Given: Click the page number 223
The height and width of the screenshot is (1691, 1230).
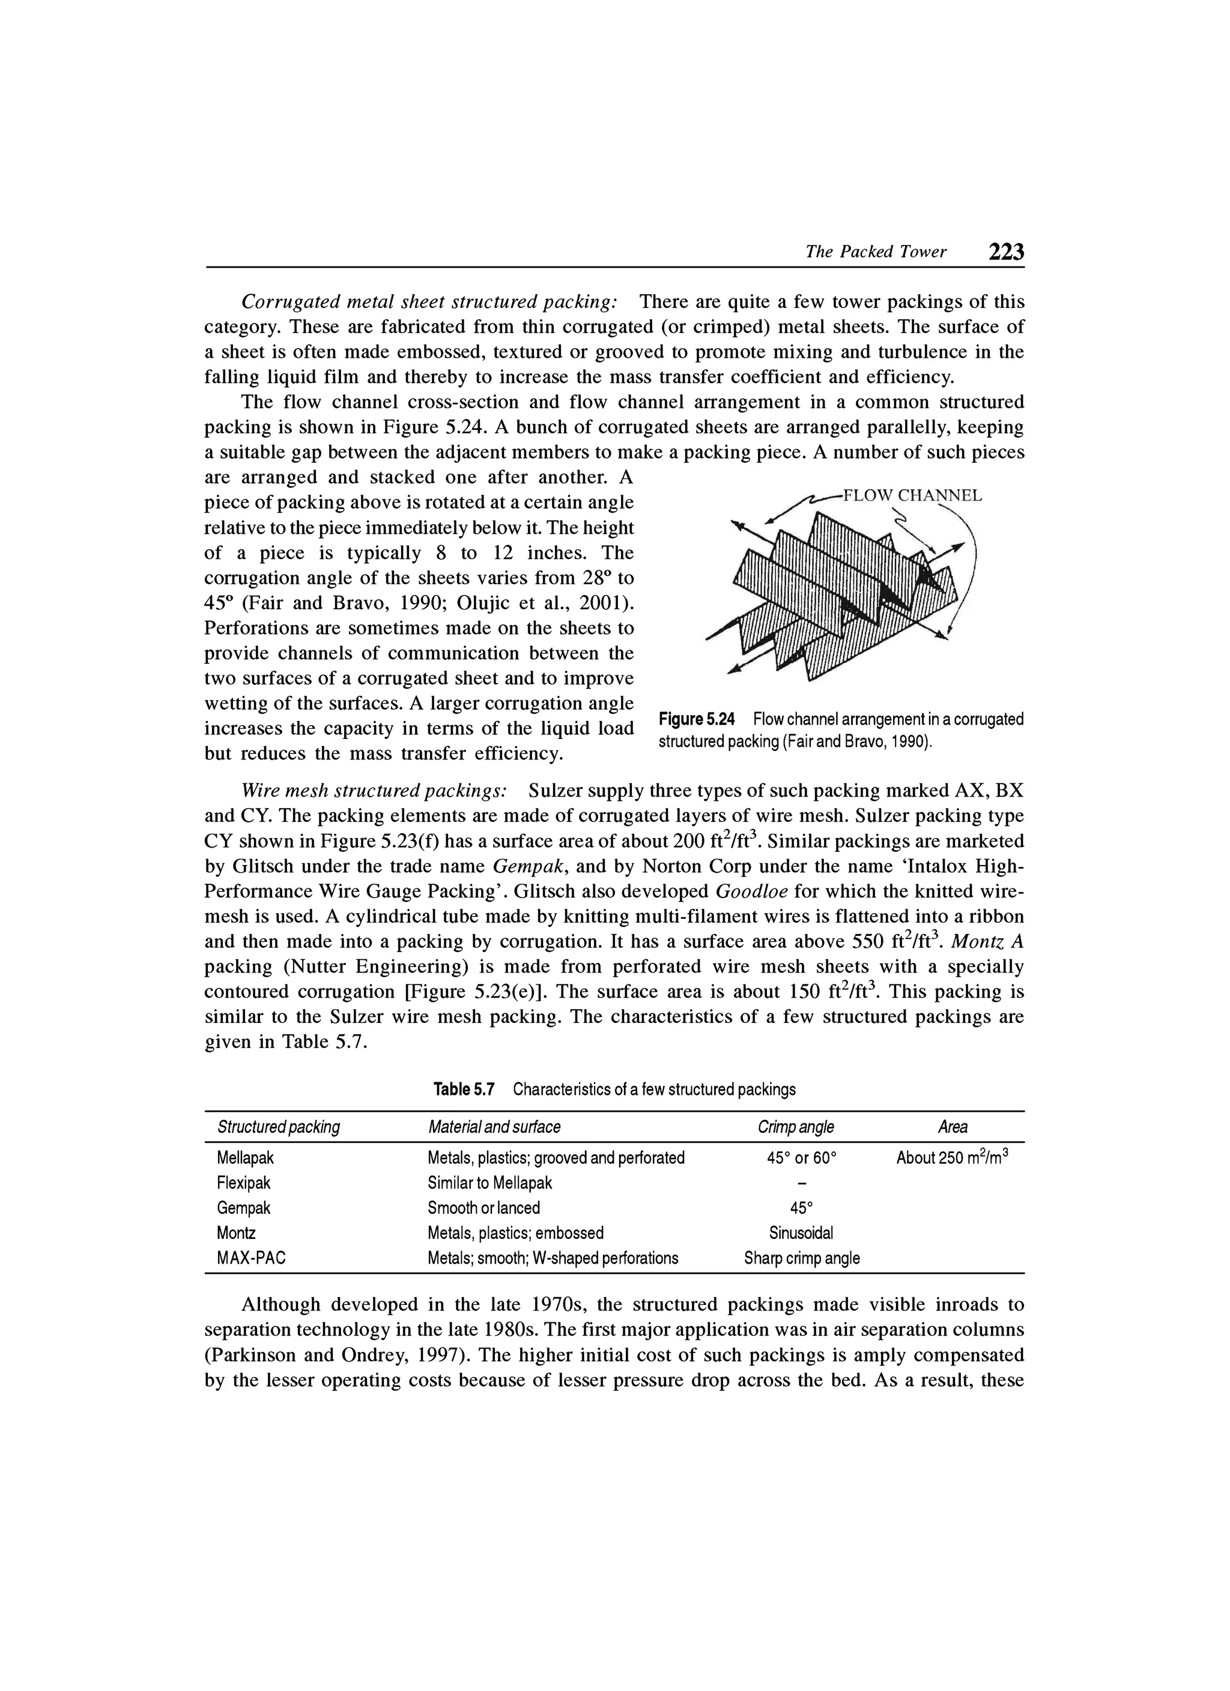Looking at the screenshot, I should [x=1006, y=252].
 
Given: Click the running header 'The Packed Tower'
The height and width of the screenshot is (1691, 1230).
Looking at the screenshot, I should [x=876, y=252].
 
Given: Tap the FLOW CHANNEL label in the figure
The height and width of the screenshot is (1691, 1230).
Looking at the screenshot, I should [x=912, y=496].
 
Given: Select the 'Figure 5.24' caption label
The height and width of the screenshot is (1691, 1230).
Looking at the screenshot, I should [x=697, y=720].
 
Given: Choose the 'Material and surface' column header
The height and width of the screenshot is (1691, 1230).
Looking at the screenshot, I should [x=494, y=1127].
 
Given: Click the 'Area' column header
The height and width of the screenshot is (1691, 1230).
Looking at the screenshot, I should [x=953, y=1127].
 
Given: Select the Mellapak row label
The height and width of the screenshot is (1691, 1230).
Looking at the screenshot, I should [x=246, y=1158].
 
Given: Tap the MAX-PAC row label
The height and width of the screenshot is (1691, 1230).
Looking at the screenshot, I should [x=252, y=1259].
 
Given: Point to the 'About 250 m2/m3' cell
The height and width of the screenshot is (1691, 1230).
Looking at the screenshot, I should [x=953, y=1157].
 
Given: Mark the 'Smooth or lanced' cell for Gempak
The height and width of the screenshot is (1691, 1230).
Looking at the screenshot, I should [x=483, y=1208].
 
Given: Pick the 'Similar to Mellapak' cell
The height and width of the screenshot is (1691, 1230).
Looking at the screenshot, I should [x=489, y=1183].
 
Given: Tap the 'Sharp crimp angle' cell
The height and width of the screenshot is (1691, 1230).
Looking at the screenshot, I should [x=802, y=1259].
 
